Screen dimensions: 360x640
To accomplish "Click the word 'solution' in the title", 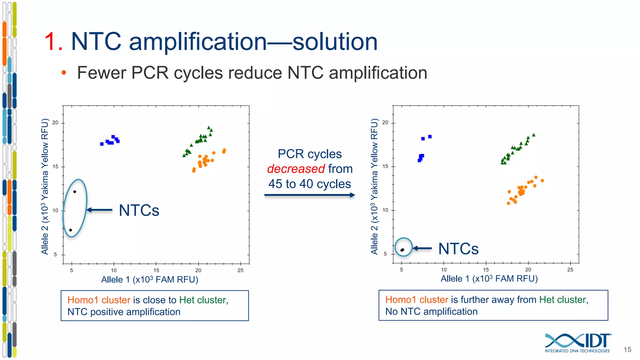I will pos(335,42).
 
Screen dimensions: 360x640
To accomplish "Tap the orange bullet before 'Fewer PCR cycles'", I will pos(64,73).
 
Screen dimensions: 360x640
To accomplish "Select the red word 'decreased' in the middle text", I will pos(296,169).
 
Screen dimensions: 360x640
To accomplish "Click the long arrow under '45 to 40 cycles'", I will pos(309,195).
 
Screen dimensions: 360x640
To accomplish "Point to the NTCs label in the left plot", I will pos(139,210).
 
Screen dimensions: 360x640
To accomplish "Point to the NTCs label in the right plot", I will pos(458,249).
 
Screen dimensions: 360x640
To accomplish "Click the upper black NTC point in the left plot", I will pos(75,192).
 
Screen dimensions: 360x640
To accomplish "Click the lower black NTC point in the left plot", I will pos(71,230).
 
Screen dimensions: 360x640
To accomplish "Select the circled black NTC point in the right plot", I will pos(402,250).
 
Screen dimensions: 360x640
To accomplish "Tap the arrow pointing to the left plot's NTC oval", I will pos(99,210).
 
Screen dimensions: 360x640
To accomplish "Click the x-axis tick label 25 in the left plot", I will pos(240,270).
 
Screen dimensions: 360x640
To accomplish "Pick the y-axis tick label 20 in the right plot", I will pos(385,122).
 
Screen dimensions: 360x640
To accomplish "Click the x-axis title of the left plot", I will pos(150,279).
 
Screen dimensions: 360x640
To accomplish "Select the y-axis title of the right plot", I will pos(374,186).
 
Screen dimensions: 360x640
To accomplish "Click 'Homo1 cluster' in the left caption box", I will pos(99,300).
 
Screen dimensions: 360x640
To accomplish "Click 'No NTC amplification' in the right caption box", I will pos(431,312).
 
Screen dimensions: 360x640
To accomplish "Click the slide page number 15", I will pos(627,350).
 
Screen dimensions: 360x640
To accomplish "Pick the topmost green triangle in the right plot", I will pos(534,135).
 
